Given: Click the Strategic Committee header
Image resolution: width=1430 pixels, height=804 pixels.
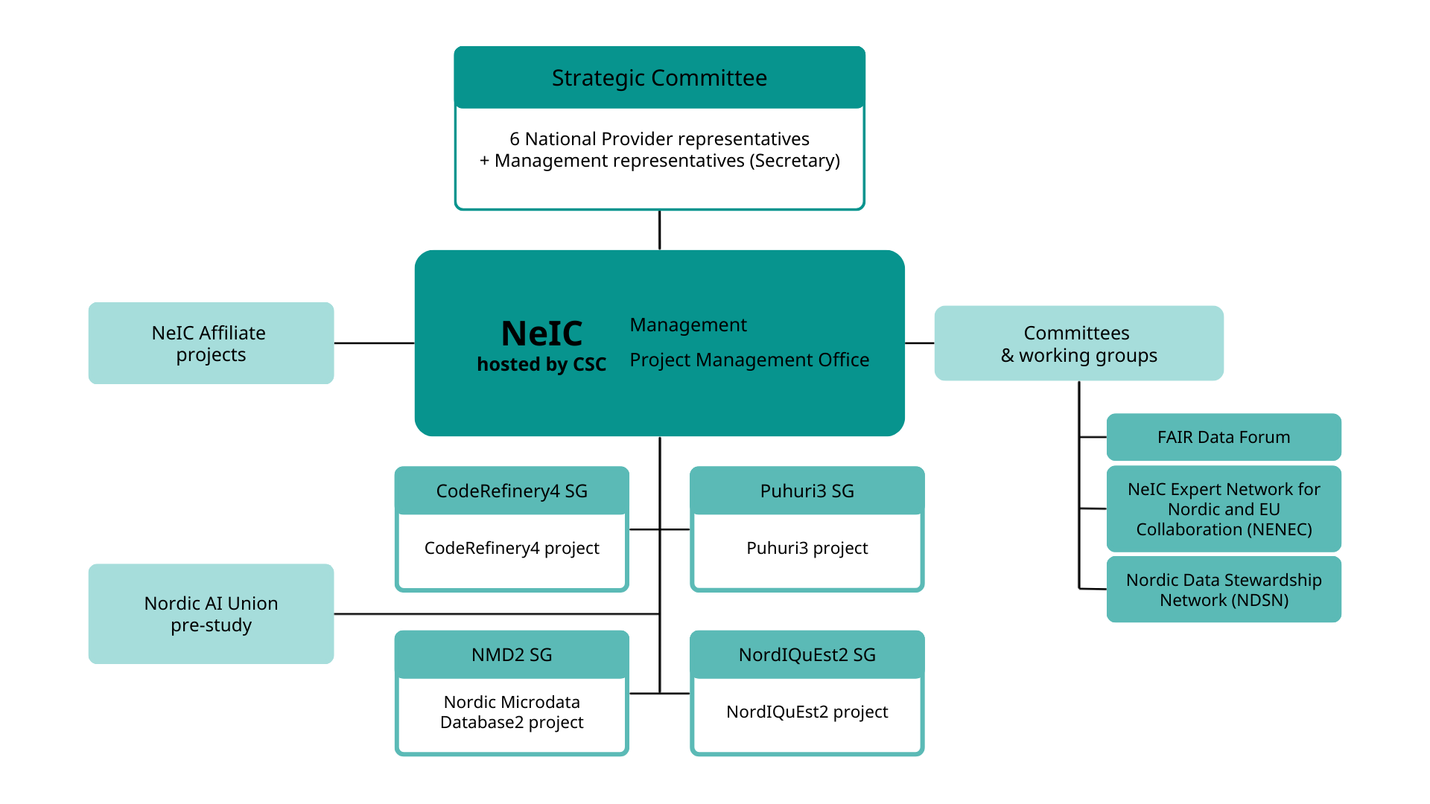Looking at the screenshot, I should coord(659,77).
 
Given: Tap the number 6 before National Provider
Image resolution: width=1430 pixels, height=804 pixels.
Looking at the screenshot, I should coord(514,139).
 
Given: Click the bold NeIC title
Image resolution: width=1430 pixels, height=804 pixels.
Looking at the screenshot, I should coord(541,333).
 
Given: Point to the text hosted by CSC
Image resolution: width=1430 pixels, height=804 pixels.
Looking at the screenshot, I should coord(541,364).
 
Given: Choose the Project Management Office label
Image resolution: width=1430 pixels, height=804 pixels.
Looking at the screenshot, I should coord(749,360).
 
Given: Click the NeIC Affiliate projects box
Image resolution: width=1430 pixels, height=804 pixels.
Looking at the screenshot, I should coord(211,343).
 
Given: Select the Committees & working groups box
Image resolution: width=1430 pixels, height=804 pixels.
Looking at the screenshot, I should coord(1078,343).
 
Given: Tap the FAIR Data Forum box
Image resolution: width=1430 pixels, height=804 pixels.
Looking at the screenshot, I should coord(1224,437).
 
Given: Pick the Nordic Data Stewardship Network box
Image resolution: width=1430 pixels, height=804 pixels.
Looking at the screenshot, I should coord(1224,590).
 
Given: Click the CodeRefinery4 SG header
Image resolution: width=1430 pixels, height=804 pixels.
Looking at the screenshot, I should coord(512,491).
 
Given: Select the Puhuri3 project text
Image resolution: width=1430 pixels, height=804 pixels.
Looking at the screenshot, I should coord(807,548).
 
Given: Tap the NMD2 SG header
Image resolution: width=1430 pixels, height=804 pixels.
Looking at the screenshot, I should coord(512,654).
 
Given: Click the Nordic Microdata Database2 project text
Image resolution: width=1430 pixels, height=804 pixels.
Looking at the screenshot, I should coord(512,712).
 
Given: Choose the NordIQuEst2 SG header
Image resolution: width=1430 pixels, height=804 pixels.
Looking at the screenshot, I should coord(807,654).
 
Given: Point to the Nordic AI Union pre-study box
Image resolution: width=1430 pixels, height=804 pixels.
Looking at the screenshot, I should coord(211,613).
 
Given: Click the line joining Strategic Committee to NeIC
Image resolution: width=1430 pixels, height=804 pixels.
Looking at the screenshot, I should coord(659,230).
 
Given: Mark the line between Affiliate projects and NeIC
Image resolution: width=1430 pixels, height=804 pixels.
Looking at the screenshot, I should coord(374,343).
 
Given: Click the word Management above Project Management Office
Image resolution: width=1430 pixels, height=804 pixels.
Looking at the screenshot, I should coord(688,325).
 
